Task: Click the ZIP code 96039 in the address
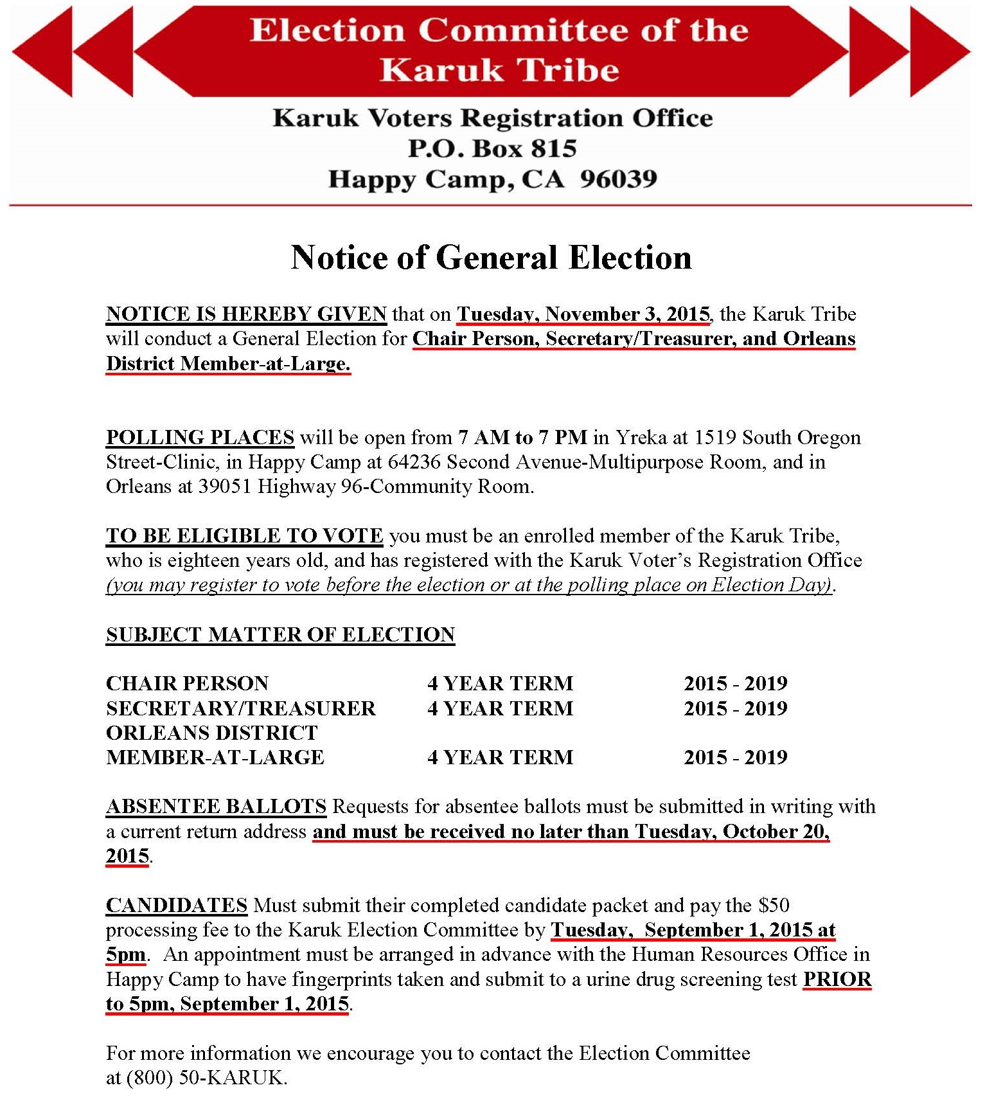(x=618, y=179)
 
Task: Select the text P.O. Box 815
(x=492, y=148)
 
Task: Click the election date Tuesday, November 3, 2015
(x=583, y=314)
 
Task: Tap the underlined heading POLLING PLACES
(x=200, y=437)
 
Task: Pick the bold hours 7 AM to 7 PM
(x=522, y=437)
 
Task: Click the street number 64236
(x=414, y=461)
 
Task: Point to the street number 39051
(x=224, y=486)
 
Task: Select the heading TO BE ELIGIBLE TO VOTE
(x=244, y=535)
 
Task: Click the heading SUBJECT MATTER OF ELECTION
(x=280, y=634)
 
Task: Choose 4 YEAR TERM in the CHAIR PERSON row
(x=500, y=683)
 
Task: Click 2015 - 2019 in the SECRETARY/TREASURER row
(x=735, y=708)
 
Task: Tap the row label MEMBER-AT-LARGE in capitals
(x=215, y=757)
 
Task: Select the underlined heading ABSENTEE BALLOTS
(x=216, y=806)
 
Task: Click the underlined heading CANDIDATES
(x=176, y=905)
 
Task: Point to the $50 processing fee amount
(x=774, y=905)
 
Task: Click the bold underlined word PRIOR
(x=837, y=979)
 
